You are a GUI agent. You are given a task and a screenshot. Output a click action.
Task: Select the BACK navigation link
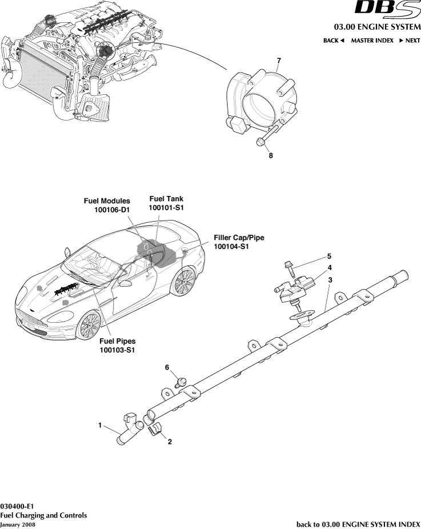point(334,41)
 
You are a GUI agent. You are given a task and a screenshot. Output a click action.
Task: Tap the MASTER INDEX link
point(372,41)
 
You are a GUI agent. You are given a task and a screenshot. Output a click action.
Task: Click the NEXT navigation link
point(410,41)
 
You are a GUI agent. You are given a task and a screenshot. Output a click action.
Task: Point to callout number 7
point(279,61)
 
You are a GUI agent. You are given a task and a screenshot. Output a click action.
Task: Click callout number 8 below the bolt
point(271,155)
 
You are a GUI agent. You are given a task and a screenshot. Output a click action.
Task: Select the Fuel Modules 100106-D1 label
point(107,206)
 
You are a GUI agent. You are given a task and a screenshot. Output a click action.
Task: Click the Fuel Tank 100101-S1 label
point(166,203)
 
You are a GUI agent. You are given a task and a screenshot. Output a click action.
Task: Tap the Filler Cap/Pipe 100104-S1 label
point(239,242)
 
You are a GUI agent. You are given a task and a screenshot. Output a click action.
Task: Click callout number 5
point(329,256)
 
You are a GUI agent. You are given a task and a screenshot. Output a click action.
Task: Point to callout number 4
point(329,267)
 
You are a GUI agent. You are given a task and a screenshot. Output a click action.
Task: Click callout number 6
point(167,367)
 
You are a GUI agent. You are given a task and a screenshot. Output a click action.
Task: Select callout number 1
point(100,425)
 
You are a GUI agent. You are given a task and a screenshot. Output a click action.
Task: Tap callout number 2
point(169,441)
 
